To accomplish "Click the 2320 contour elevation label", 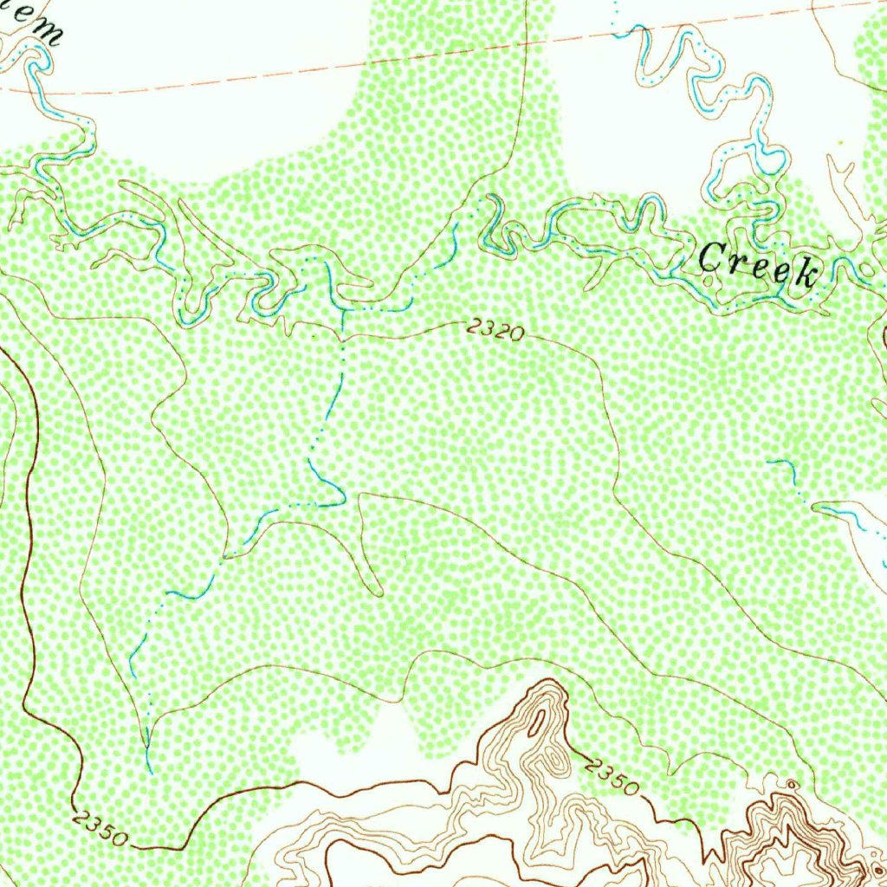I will click(x=494, y=329).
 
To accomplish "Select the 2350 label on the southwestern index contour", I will click(x=100, y=828).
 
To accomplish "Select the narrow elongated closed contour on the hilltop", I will click(x=539, y=718).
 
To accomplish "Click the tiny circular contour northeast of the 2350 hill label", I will click(x=790, y=784).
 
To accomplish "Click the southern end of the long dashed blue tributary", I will click(x=149, y=767).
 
